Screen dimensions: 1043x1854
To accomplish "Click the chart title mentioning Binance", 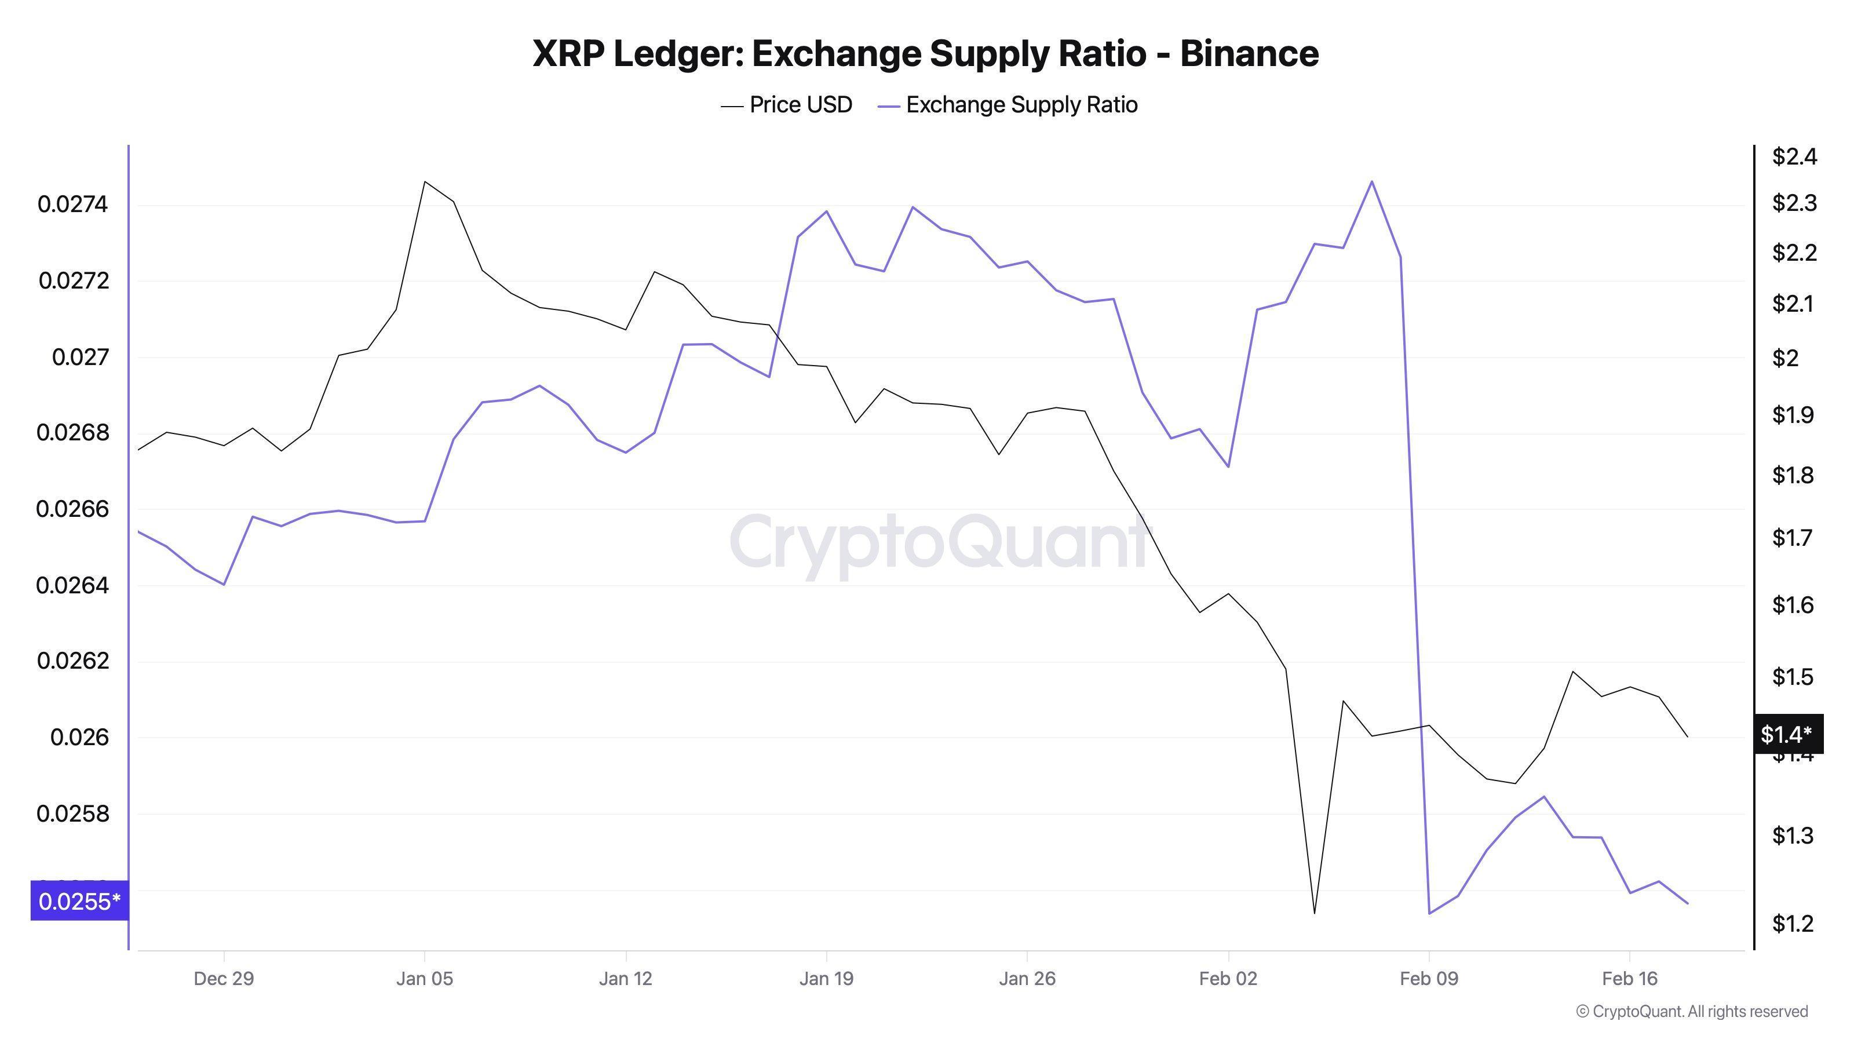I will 926,54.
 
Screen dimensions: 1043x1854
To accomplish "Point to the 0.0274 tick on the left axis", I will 72,205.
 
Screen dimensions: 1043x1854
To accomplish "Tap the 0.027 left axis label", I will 80,357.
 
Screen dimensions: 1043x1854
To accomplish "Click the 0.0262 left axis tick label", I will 72,661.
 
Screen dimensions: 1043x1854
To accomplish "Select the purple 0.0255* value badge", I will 79,901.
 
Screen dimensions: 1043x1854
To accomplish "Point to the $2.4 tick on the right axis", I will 1794,157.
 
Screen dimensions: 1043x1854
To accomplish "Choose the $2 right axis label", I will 1785,358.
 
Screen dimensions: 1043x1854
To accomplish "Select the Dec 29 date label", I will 224,979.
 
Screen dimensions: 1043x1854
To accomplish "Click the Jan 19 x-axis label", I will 826,979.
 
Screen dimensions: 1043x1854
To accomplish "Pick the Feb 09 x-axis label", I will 1429,979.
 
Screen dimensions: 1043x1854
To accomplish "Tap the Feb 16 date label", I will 1629,979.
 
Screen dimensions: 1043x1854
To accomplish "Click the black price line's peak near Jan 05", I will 425,182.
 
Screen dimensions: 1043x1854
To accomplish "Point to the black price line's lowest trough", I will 1314,913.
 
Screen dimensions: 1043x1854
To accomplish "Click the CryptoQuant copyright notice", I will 1691,1011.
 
